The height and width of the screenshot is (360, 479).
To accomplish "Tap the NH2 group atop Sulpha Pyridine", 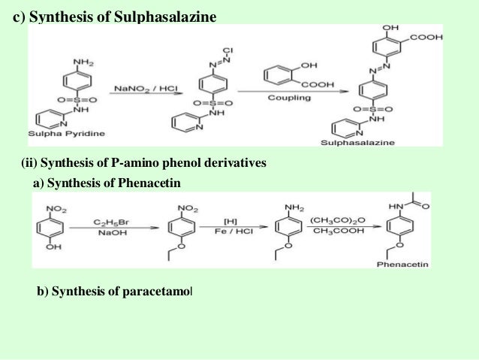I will (x=82, y=60).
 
